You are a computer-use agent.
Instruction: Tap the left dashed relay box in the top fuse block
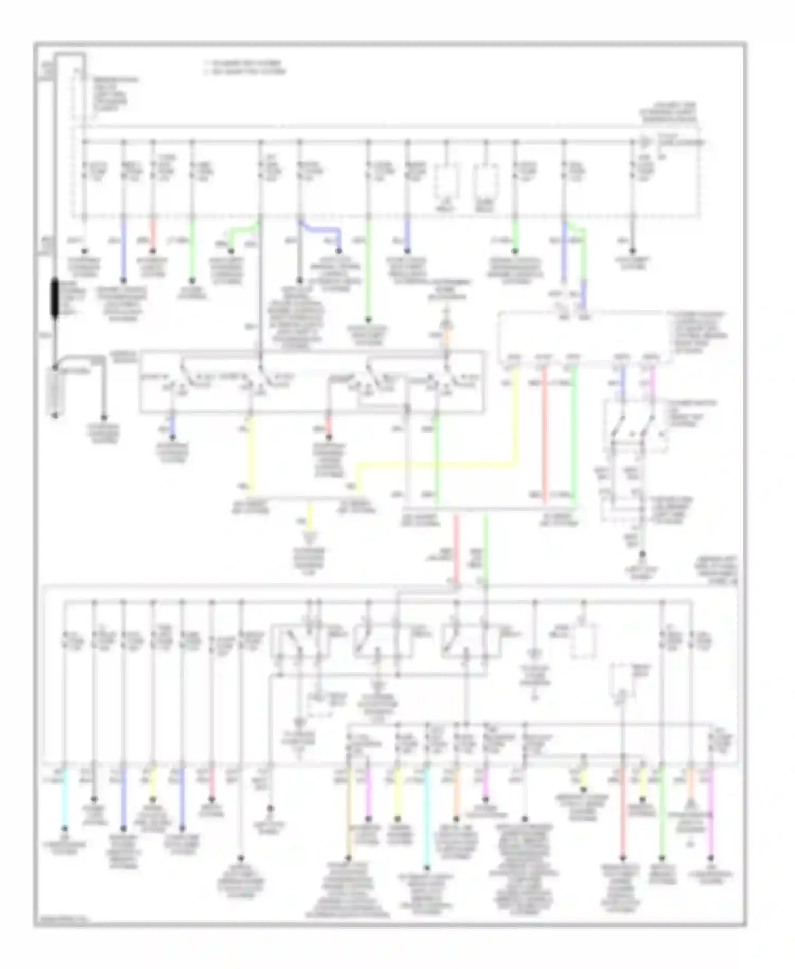[447, 181]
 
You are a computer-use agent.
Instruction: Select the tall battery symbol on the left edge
[55, 392]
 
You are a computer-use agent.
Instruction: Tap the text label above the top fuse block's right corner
[669, 113]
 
